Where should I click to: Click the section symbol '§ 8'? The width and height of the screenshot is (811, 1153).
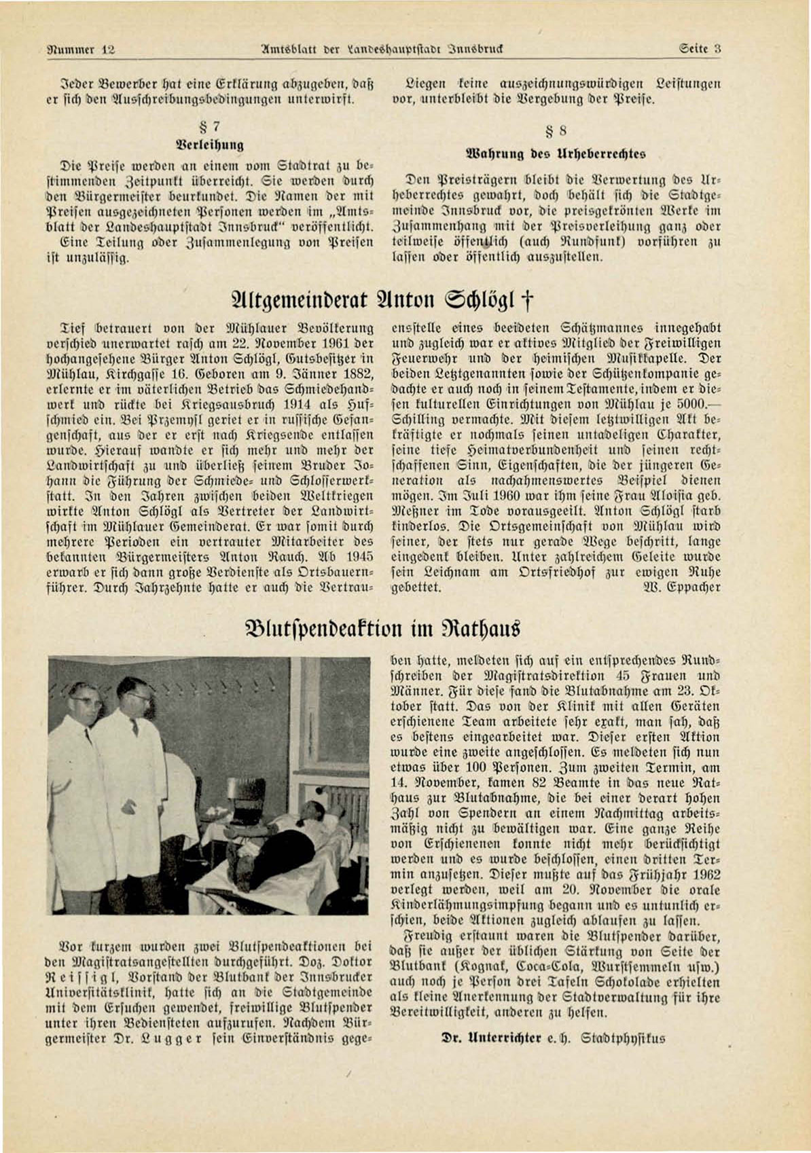click(558, 131)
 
